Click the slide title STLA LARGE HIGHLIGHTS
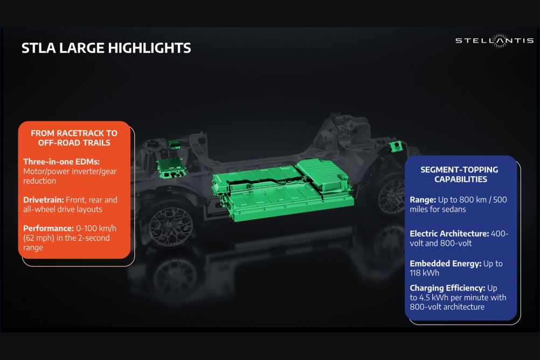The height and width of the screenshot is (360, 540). pyautogui.click(x=106, y=48)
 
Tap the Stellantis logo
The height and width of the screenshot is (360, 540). pyautogui.click(x=495, y=40)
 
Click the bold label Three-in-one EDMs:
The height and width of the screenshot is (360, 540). pyautogui.click(x=61, y=162)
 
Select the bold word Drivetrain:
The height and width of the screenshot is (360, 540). pyautogui.click(x=44, y=200)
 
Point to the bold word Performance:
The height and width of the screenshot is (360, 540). pyautogui.click(x=49, y=229)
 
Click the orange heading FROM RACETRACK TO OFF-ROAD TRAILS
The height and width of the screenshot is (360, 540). pyautogui.click(x=74, y=138)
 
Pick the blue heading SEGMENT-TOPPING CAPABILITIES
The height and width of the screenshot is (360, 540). pyautogui.click(x=459, y=174)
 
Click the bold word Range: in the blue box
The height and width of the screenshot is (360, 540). pyautogui.click(x=423, y=200)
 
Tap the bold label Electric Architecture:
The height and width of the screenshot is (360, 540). pyautogui.click(x=449, y=233)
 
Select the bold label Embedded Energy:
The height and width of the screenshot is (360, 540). pyautogui.click(x=446, y=264)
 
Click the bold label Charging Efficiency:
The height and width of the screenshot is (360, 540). pyautogui.click(x=447, y=288)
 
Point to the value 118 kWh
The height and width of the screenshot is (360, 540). pyautogui.click(x=424, y=273)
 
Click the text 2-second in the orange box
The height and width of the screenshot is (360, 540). pyautogui.click(x=94, y=238)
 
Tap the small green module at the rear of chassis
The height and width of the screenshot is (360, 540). pyautogui.click(x=397, y=146)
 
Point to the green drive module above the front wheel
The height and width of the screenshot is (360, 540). pyautogui.click(x=171, y=167)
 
